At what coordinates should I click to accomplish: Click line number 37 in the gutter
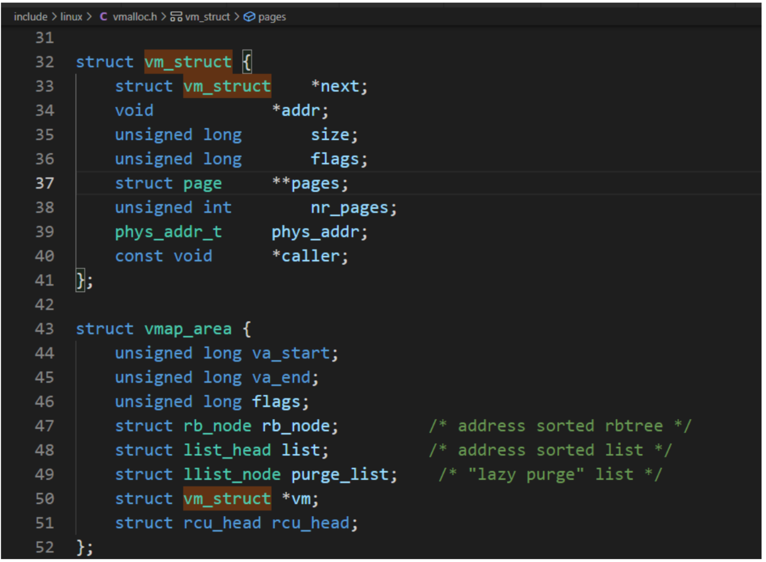[44, 183]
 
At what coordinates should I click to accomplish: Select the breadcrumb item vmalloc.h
[135, 17]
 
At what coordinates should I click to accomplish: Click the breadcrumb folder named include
[31, 17]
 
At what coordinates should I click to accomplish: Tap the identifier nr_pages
[350, 208]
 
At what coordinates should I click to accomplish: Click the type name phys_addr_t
[169, 232]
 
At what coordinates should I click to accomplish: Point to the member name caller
[310, 256]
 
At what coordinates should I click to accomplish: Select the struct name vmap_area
[188, 329]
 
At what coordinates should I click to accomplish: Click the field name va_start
[291, 354]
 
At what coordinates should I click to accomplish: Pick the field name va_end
[281, 378]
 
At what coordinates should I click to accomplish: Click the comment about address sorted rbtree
[560, 426]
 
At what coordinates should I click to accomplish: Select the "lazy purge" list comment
[551, 475]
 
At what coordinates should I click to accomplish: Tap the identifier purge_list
[340, 475]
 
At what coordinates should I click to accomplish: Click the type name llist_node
[232, 475]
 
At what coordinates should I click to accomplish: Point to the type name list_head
[227, 450]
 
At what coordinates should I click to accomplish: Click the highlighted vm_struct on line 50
[227, 499]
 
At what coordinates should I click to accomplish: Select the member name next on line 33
[340, 86]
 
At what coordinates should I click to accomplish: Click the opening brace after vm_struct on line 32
[247, 62]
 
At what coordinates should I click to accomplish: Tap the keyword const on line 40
[139, 256]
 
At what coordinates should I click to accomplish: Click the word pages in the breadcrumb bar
[272, 17]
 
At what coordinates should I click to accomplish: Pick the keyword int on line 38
[217, 208]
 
